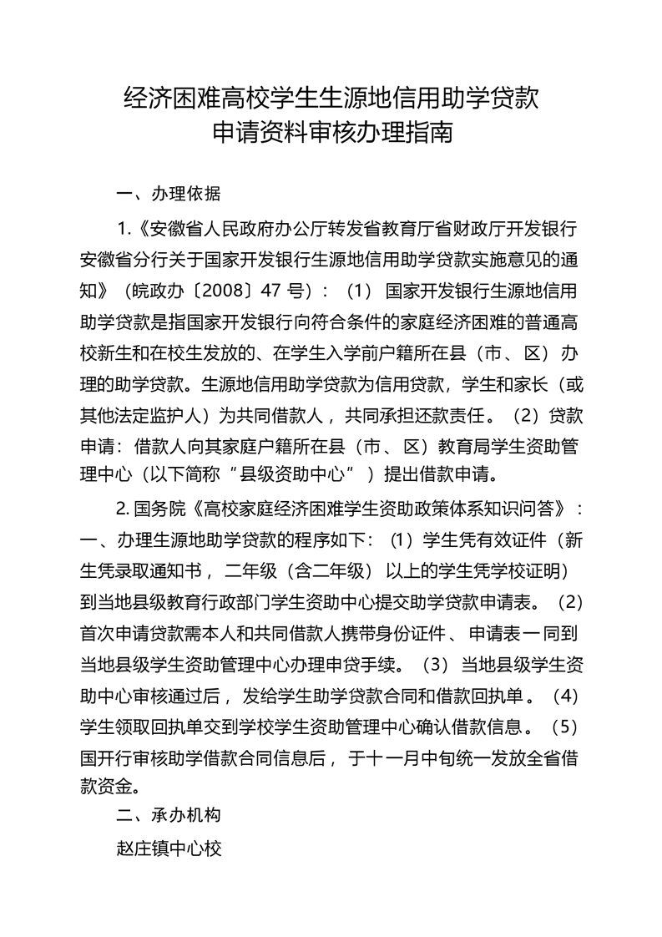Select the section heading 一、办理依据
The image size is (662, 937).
tap(169, 195)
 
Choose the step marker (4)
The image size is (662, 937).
tap(565, 695)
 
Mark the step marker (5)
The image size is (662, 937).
tap(565, 727)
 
